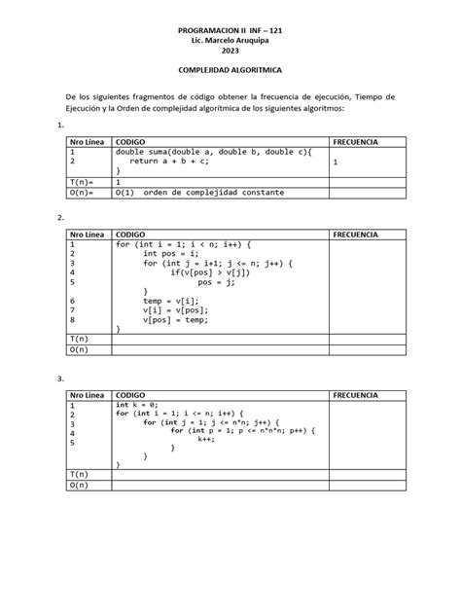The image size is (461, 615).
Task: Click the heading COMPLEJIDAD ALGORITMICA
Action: click(x=230, y=72)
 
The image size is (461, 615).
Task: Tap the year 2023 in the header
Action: click(x=230, y=52)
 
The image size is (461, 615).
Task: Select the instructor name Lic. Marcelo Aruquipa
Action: click(x=230, y=42)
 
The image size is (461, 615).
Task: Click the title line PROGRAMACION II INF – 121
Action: click(x=230, y=31)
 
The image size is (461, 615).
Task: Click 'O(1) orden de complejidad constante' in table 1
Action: click(x=199, y=192)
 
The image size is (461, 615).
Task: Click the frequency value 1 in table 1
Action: click(x=335, y=163)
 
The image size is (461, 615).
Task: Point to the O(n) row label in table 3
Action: click(x=78, y=483)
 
